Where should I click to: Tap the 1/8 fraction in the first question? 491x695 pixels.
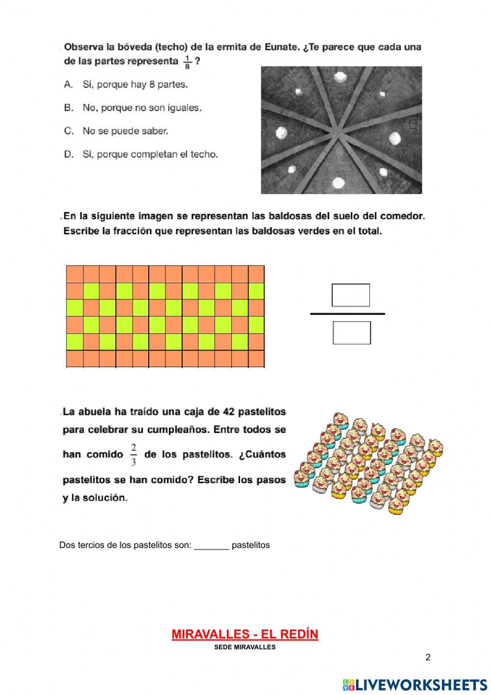pyautogui.click(x=187, y=62)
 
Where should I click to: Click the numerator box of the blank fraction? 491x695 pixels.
pyautogui.click(x=351, y=295)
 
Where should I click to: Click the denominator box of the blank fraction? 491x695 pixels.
pyautogui.click(x=352, y=333)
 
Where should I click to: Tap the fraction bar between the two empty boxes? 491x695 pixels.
pyautogui.click(x=348, y=314)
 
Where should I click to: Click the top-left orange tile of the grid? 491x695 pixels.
pyautogui.click(x=75, y=274)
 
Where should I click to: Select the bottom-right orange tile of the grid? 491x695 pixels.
pyautogui.click(x=256, y=359)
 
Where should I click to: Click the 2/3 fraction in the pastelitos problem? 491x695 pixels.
pyautogui.click(x=134, y=455)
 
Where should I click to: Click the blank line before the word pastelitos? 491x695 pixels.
pyautogui.click(x=212, y=546)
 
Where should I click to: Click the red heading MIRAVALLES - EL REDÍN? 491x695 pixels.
pyautogui.click(x=245, y=635)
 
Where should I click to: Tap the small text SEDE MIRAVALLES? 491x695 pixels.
pyautogui.click(x=245, y=647)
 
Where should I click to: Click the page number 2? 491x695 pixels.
pyautogui.click(x=428, y=658)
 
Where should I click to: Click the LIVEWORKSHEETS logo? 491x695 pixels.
pyautogui.click(x=415, y=685)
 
